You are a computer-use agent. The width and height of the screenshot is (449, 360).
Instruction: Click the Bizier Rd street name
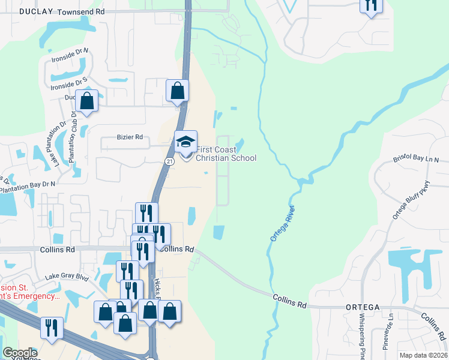pos(130,137)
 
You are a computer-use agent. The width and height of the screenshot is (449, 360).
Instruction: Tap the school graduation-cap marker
pos(185,142)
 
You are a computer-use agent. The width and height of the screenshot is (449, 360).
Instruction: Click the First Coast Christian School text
pos(226,154)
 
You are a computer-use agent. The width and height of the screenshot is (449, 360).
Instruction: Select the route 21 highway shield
pos(170,161)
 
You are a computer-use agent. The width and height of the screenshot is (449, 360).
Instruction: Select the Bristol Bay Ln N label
pos(416,160)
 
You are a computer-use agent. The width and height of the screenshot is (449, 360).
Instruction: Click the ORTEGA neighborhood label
pos(363,307)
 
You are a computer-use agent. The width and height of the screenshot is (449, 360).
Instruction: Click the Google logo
pos(20,353)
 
